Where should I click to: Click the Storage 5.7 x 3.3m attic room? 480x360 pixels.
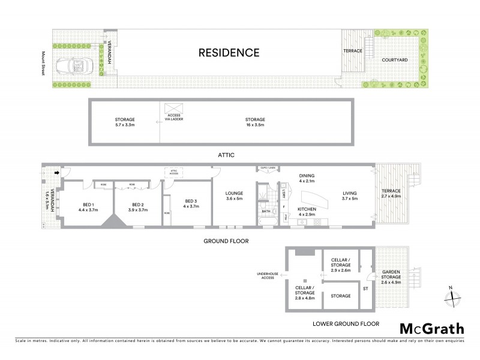click(125, 122)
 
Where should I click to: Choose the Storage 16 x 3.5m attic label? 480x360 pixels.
click(259, 122)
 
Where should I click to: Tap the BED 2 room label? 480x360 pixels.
click(139, 207)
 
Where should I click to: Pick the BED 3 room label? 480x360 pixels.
click(191, 203)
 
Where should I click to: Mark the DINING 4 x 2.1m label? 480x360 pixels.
click(308, 179)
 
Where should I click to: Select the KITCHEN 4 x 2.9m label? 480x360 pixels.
click(307, 211)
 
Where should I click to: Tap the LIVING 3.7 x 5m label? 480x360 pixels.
click(350, 196)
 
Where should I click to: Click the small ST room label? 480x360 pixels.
click(365, 289)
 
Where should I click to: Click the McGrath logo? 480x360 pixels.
click(431, 329)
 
